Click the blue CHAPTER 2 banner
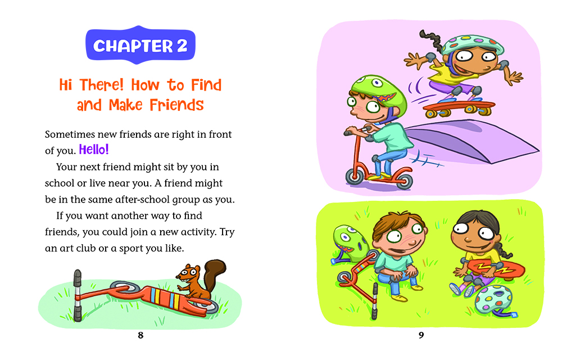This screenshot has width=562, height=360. click(x=140, y=45)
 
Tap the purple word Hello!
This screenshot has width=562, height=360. click(x=93, y=150)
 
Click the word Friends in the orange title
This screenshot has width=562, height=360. click(x=176, y=105)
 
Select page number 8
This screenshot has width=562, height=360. click(x=140, y=335)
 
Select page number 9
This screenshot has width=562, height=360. click(x=421, y=335)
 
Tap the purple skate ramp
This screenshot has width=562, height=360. click(x=473, y=140)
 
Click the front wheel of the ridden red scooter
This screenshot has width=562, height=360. click(x=355, y=177)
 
